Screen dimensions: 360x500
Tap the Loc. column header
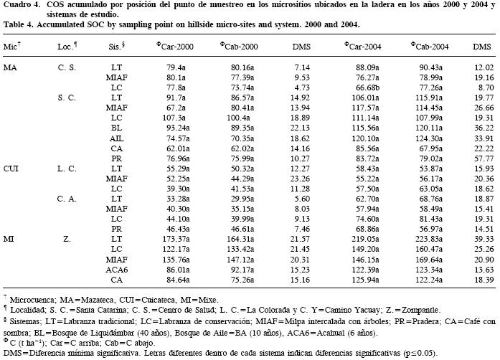[x=67, y=46]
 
